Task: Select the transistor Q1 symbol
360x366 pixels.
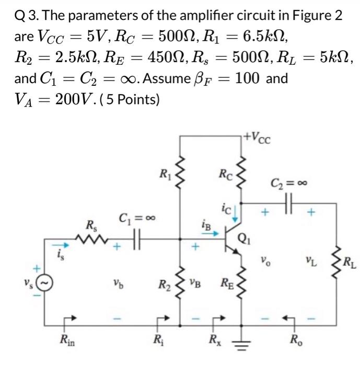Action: click(x=233, y=242)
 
